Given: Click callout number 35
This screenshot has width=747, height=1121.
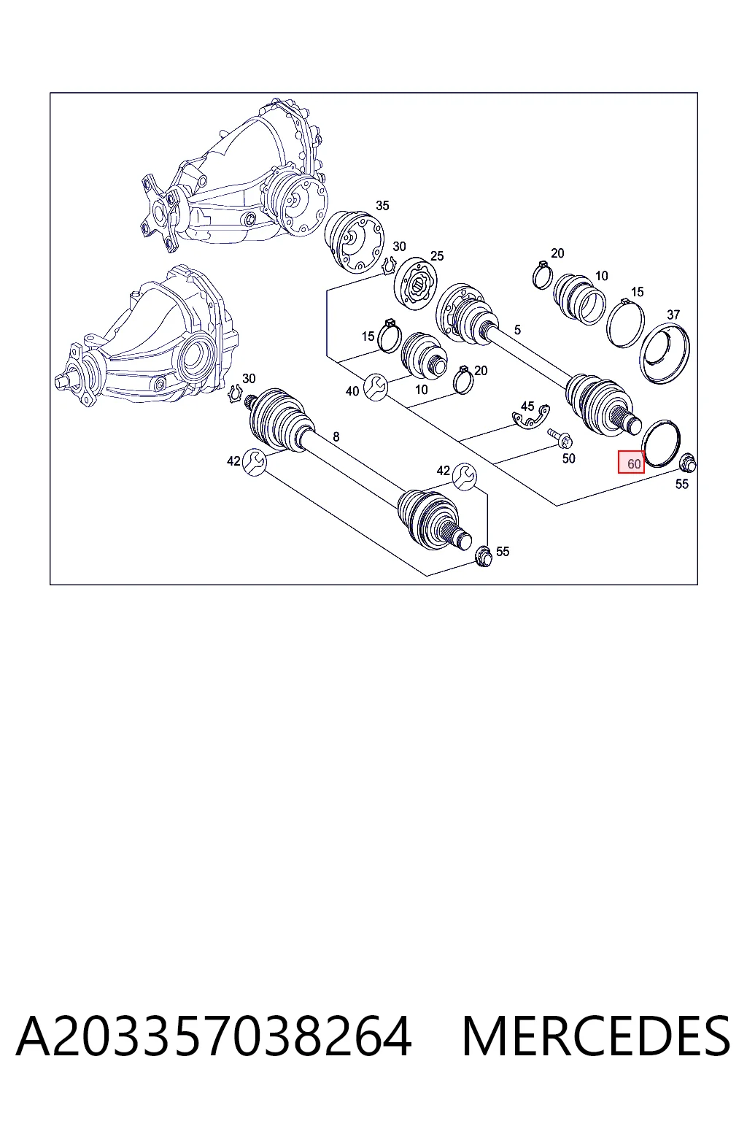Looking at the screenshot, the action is pos(382,205).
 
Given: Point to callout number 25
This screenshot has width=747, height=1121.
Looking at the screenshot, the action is pos(437,255).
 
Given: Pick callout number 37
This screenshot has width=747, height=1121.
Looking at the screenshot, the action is pos(673,315).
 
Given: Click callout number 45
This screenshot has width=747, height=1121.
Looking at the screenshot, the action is pos(527,406).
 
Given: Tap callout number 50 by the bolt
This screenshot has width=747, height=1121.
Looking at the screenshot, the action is pos(568,458).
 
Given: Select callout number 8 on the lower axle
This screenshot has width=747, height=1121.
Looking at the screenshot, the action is pos(336,437).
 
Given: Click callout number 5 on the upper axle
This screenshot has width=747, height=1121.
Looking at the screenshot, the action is pos(517,330).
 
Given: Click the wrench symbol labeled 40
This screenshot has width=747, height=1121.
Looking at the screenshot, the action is pos(375,386).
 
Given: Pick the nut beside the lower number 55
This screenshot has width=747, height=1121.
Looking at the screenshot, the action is pos(483,557).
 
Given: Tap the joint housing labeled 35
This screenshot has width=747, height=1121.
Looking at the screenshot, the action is pos(355,242).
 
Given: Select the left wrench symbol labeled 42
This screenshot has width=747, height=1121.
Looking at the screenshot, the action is pos(254,463).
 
